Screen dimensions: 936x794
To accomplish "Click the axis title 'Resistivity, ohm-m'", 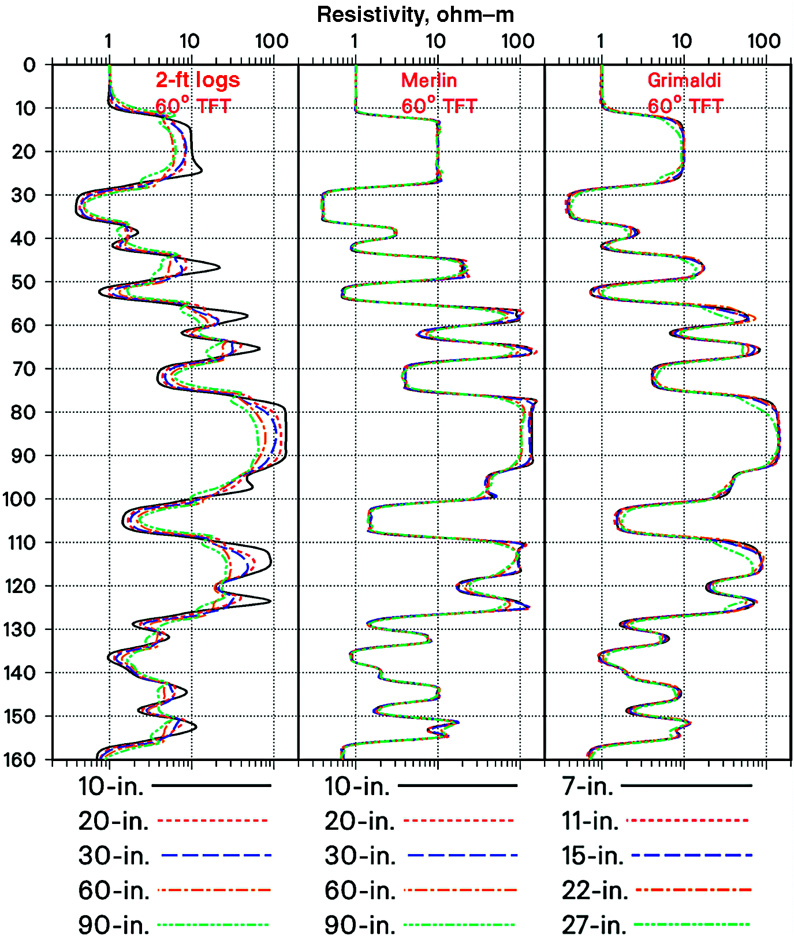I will tap(415, 14).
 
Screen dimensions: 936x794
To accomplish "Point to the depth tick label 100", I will tap(19, 499).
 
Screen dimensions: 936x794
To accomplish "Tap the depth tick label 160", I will tap(19, 759).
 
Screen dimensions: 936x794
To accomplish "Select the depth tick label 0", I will tap(29, 65).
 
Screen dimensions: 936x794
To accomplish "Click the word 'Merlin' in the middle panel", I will tap(429, 80).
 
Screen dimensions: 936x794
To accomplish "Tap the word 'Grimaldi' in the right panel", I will tap(684, 80).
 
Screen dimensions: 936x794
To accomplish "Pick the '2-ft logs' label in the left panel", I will tap(197, 80).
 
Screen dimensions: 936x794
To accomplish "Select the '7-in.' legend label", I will tap(588, 786).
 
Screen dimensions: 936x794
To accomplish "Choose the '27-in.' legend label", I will tap(594, 925).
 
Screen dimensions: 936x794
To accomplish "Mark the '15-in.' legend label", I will tap(593, 856).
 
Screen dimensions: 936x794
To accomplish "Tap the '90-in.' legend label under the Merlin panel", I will tap(360, 925).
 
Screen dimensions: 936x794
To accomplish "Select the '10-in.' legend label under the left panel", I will tap(111, 786).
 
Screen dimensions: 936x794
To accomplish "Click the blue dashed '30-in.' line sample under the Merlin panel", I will tap(462, 855).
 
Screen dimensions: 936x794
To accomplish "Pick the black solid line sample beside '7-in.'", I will tap(686, 786).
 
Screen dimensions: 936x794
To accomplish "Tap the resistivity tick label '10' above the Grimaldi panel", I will tap(682, 42).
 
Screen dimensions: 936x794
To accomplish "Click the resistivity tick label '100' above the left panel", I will tap(271, 42).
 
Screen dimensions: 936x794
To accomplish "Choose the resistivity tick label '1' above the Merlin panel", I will tap(354, 42).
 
